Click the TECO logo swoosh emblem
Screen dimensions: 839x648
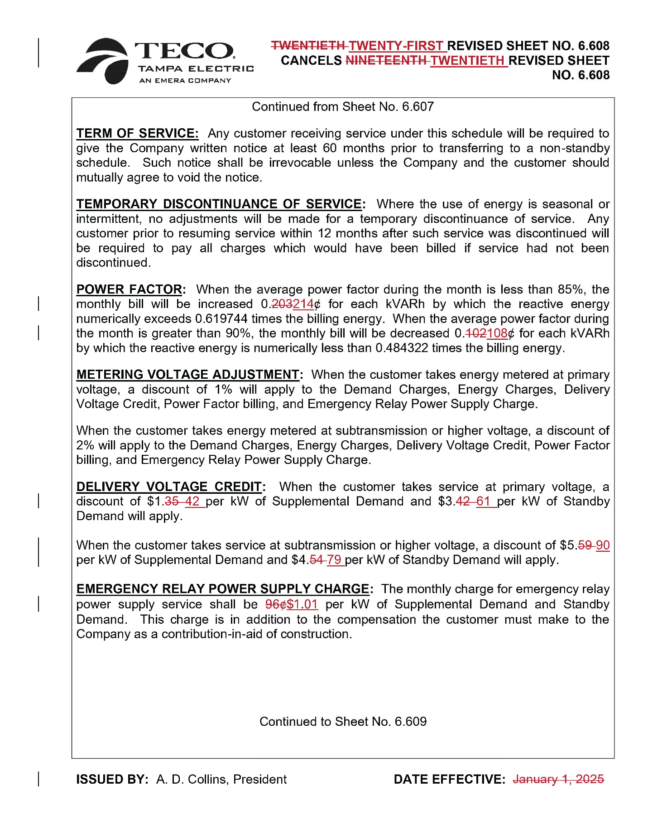103,61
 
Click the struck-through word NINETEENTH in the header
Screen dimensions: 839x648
386,60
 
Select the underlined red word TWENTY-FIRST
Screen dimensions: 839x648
396,46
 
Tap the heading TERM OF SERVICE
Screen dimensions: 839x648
137,133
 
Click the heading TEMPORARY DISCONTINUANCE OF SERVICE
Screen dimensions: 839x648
220,204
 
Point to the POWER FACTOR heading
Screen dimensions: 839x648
130,289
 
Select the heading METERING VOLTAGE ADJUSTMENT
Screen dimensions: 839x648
188,374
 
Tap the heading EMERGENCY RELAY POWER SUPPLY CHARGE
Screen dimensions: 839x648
223,588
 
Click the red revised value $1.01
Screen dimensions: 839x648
302,604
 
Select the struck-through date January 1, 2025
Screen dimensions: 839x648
558,779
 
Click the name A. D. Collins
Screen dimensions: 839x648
192,779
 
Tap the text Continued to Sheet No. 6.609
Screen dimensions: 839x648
343,721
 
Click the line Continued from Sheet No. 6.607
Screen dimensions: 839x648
343,106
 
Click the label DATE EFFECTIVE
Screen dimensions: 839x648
449,779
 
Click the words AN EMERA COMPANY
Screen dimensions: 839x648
185,81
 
